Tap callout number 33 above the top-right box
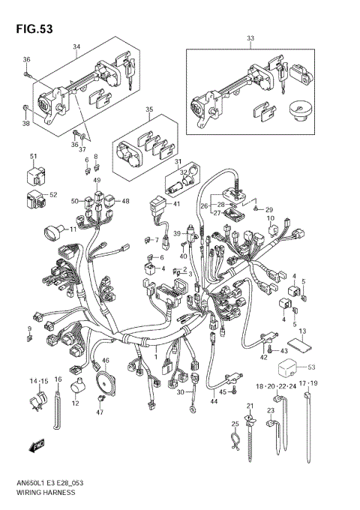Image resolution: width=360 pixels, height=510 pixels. coord(250,37)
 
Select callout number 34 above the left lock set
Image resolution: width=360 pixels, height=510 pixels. coord(76,46)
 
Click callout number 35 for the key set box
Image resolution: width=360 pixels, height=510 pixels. coord(148,109)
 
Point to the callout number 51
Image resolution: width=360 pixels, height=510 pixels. coord(33,156)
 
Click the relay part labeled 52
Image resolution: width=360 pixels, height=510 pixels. coord(33,199)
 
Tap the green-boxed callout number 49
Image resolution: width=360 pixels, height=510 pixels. coord(97,181)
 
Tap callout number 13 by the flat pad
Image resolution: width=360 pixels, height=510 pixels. coord(302,331)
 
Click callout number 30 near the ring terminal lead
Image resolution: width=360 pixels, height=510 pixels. coord(180,392)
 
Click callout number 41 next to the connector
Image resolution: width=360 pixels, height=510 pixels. coord(176,203)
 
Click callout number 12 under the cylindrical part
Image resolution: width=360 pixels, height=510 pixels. coord(75,404)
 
